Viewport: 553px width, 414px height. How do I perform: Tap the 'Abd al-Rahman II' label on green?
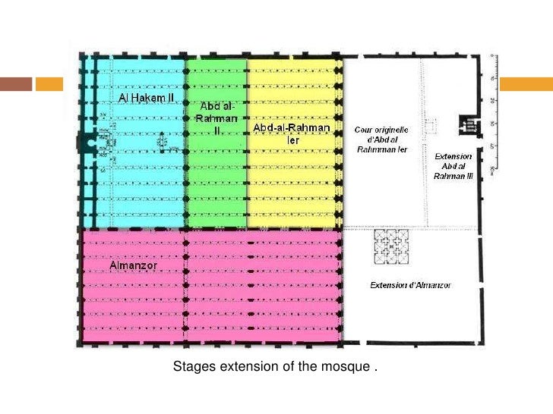(x=217, y=118)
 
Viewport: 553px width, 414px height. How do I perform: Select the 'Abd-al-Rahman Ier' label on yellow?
(x=292, y=133)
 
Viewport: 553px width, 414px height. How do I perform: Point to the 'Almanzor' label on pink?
(x=133, y=267)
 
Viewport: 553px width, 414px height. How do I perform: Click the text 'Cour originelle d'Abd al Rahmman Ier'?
(x=382, y=139)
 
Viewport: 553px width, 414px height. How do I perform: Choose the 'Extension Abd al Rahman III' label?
(x=453, y=165)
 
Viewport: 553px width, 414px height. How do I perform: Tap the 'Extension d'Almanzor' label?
(x=410, y=285)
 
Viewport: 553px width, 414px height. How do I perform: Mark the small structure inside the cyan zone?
(x=163, y=142)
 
